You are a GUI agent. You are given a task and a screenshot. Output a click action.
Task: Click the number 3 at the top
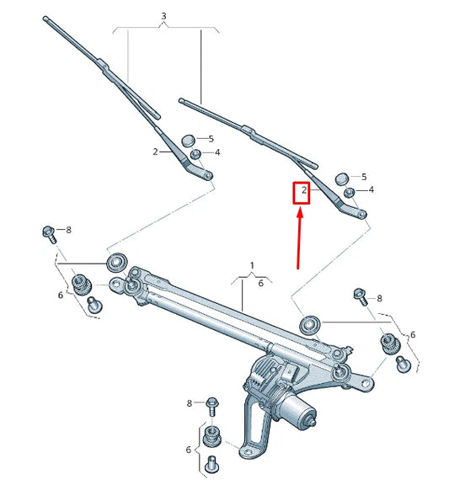163,16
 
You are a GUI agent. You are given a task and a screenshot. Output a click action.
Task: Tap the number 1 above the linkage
251,265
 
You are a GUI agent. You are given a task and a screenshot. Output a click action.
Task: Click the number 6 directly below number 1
260,284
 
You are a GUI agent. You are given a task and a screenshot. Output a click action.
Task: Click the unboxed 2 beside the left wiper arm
155,152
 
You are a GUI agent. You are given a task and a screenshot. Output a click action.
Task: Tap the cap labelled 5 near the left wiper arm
189,137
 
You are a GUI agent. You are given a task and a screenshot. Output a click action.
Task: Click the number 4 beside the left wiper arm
217,152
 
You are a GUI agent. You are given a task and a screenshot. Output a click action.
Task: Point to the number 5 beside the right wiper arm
364,177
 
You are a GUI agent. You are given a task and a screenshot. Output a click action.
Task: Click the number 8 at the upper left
68,230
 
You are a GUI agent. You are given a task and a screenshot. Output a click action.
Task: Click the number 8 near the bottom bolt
190,404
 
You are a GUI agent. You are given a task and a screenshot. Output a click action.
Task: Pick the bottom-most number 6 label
189,450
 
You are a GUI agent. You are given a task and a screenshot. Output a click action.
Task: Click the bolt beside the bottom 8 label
211,405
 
